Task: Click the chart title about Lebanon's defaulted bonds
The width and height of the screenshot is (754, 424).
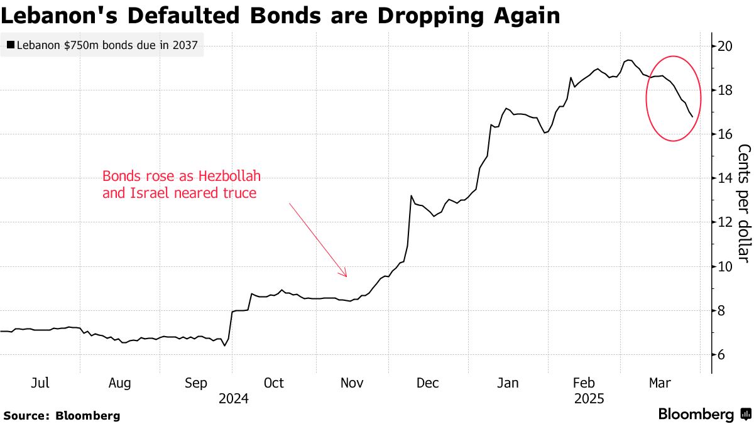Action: (280, 15)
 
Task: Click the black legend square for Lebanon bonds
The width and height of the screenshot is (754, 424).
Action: (10, 45)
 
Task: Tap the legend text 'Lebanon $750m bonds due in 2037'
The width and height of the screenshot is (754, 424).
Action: (106, 45)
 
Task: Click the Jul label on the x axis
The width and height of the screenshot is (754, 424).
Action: (40, 383)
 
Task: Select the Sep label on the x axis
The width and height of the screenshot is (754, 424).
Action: (197, 383)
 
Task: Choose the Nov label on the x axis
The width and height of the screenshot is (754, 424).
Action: (351, 383)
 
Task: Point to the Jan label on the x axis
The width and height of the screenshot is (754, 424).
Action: (507, 383)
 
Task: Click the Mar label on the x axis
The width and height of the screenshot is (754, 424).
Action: (658, 383)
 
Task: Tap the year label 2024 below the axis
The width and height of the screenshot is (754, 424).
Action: (234, 398)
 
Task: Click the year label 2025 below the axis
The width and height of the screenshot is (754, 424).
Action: (589, 398)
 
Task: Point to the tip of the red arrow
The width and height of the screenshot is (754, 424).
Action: (346, 276)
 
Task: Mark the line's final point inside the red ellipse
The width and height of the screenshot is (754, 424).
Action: (692, 117)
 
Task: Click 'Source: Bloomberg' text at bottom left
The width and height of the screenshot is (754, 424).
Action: (62, 415)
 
